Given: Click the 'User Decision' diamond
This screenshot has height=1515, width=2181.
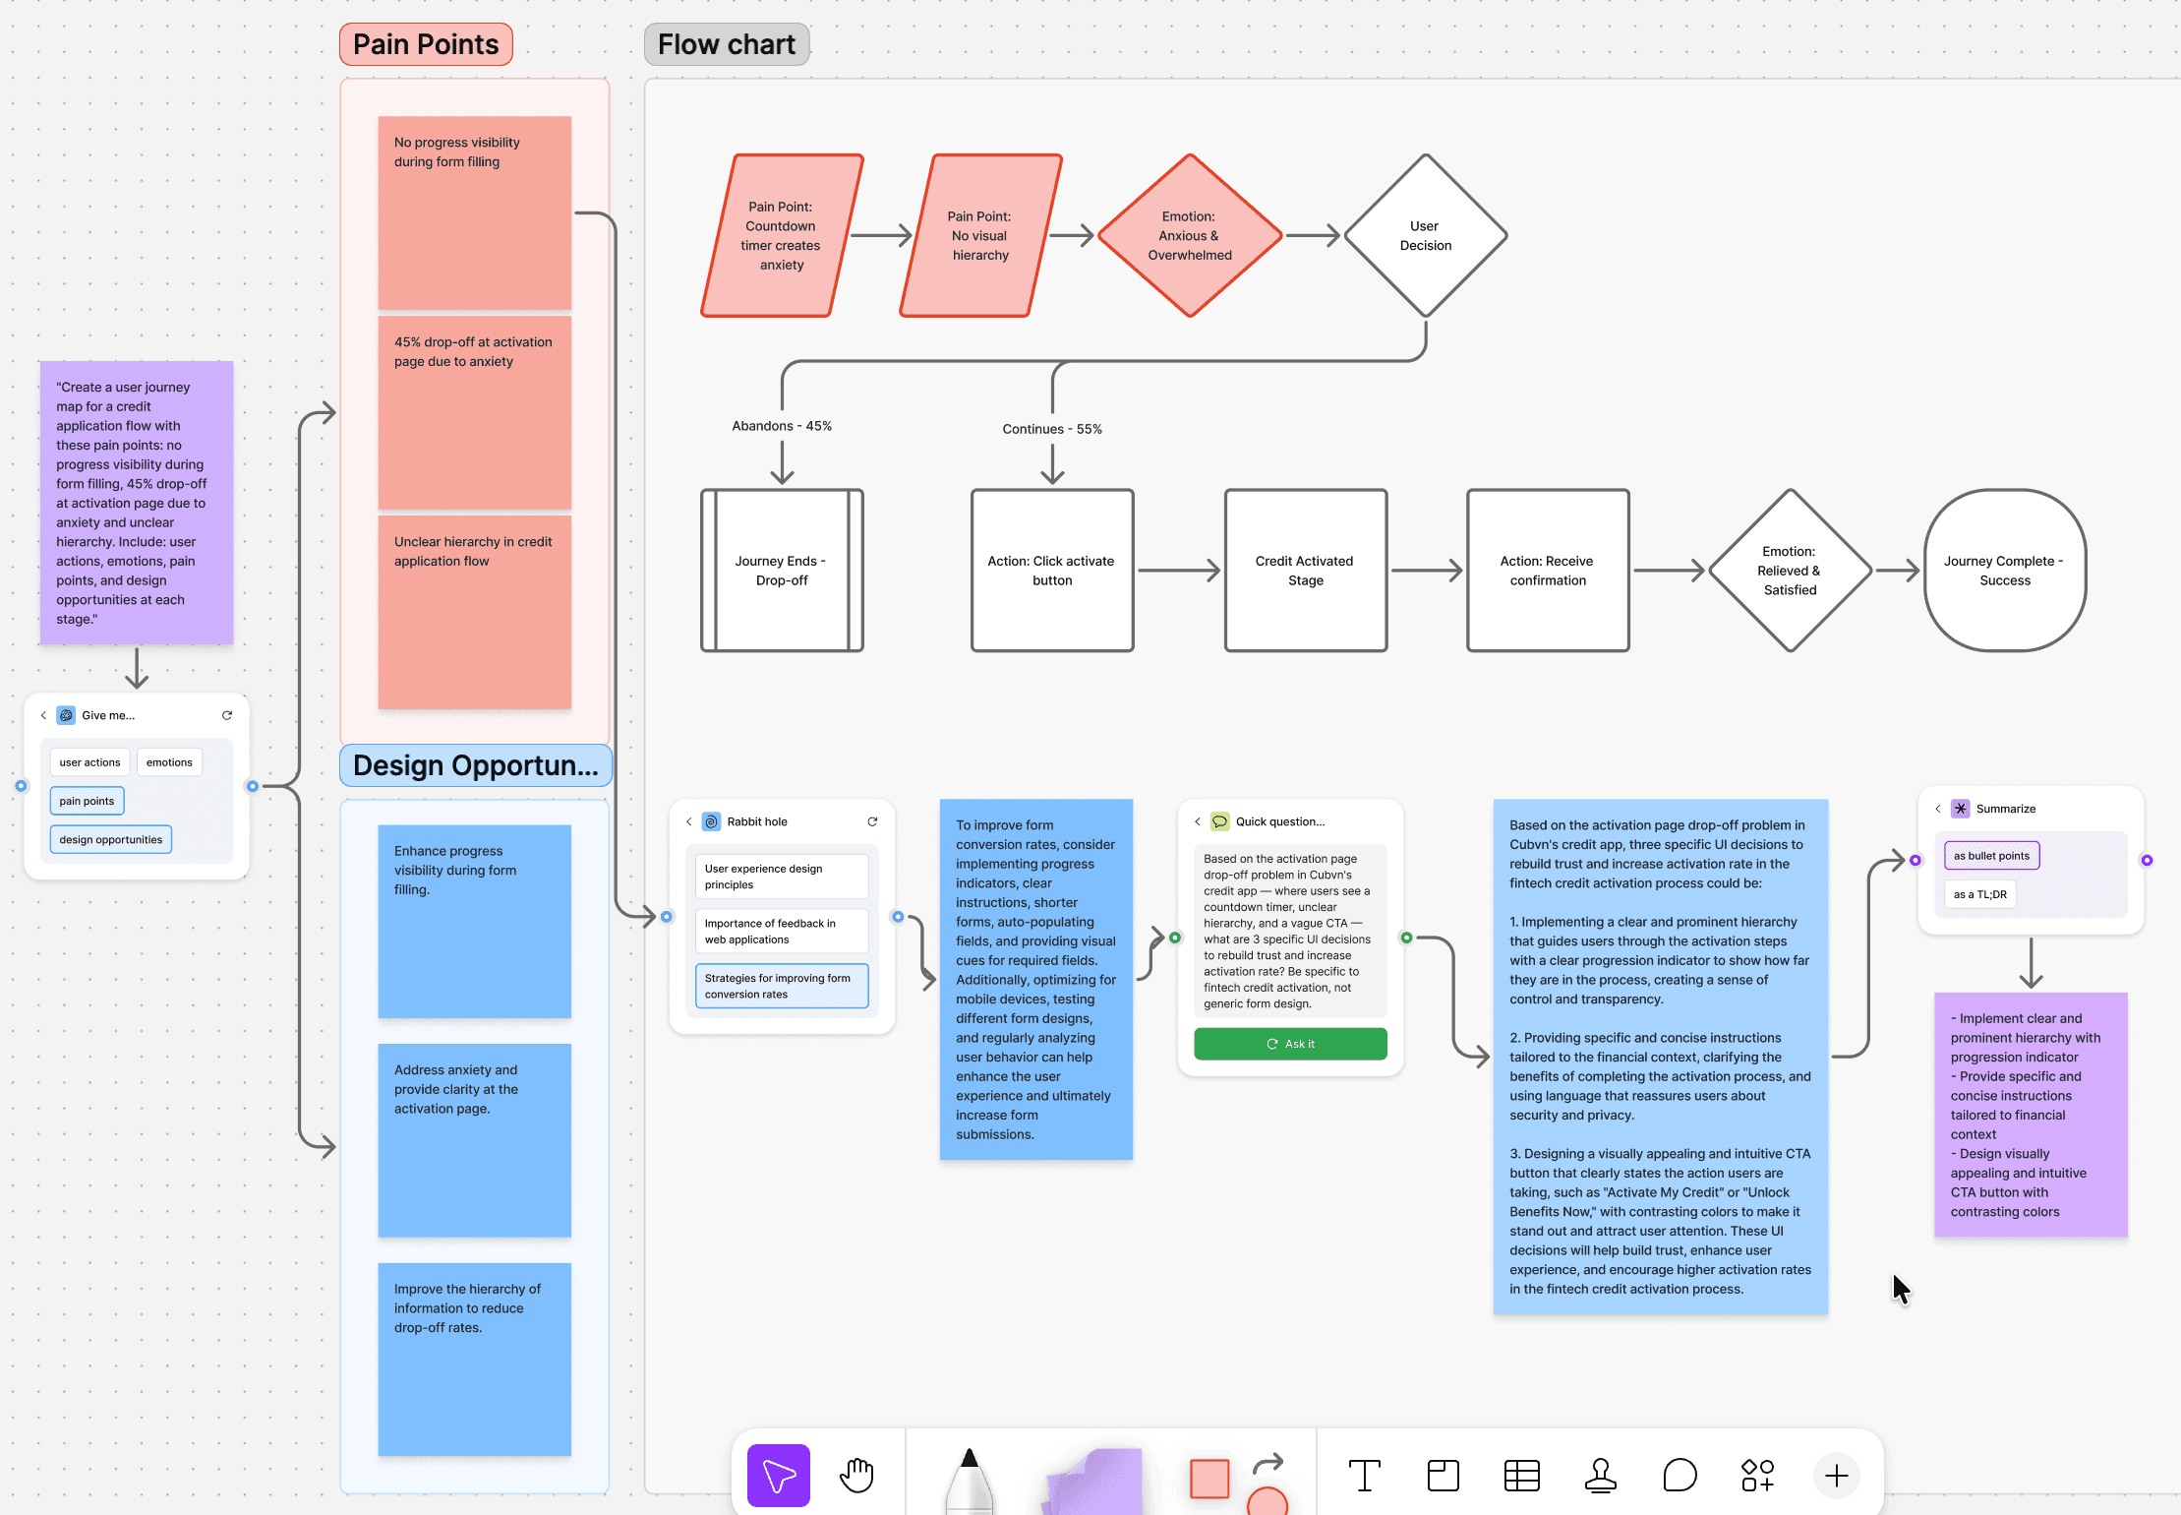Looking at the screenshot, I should point(1425,236).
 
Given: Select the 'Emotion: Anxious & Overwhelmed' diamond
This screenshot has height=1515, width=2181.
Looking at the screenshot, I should point(1189,236).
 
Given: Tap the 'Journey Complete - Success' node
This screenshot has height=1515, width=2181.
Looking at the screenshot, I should point(2004,571).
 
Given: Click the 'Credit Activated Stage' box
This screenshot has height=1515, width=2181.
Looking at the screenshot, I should point(1305,571).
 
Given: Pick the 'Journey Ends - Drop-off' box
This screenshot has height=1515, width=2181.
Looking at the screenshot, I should point(782,571).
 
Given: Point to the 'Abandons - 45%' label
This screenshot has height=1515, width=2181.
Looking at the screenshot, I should point(782,426).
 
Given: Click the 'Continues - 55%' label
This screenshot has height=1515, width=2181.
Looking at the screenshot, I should point(1052,429).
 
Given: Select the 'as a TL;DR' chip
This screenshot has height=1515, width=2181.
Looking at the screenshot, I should point(1979,894).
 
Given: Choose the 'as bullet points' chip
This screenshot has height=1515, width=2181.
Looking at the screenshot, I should point(1991,856).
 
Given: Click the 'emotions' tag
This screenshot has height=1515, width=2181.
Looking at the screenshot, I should point(169,762).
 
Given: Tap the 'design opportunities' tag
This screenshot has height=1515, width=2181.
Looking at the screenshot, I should point(110,840).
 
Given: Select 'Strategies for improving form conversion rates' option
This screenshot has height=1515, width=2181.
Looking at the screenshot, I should point(782,986).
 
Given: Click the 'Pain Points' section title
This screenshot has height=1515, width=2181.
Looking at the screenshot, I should point(426,44).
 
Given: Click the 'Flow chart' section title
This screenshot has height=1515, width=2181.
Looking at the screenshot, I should point(726,44).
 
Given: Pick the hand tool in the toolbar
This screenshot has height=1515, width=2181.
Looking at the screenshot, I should point(856,1475).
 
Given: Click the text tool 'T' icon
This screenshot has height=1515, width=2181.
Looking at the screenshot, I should point(1364,1476).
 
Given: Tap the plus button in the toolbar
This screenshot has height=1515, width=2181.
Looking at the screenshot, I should point(1836,1476).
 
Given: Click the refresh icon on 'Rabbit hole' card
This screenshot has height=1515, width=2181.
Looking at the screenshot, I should point(872,821).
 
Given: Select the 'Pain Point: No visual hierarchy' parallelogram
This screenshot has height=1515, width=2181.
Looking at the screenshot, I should point(980,236).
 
